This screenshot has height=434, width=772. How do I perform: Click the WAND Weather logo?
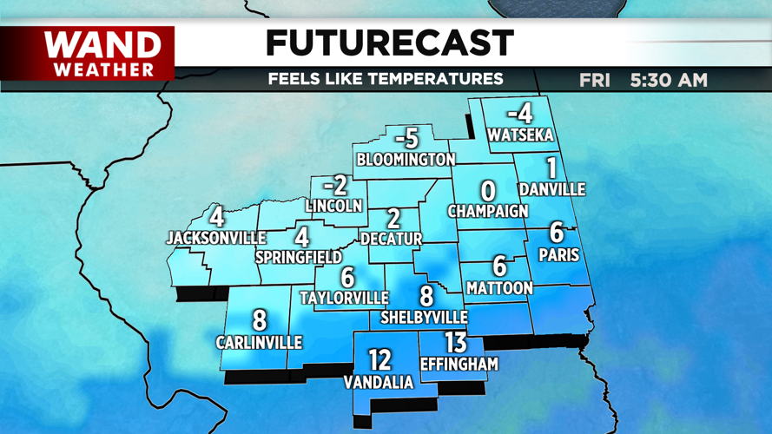(102, 53)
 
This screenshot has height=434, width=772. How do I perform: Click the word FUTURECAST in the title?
(389, 43)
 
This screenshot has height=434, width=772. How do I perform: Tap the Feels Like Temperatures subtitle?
(386, 79)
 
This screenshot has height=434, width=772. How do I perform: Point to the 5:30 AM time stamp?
(669, 81)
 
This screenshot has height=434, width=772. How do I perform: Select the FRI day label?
(595, 81)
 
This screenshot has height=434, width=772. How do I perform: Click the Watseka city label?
(520, 135)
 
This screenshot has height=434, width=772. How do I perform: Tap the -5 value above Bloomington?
(406, 138)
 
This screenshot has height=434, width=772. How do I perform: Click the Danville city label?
(551, 189)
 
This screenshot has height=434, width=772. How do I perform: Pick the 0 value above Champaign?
(488, 191)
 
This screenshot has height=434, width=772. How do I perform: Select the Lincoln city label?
(333, 206)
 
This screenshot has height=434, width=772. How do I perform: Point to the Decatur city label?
(391, 239)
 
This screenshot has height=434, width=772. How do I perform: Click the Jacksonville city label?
(216, 237)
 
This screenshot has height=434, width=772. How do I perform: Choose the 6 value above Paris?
(557, 233)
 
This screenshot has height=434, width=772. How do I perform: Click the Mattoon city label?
(498, 287)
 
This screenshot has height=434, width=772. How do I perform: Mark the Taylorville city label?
(344, 298)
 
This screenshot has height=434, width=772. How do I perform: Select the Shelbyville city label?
(425, 318)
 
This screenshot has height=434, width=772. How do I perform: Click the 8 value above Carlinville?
(259, 320)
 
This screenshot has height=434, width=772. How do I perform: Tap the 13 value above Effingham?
(456, 343)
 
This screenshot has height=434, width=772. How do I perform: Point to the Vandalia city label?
(378, 382)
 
